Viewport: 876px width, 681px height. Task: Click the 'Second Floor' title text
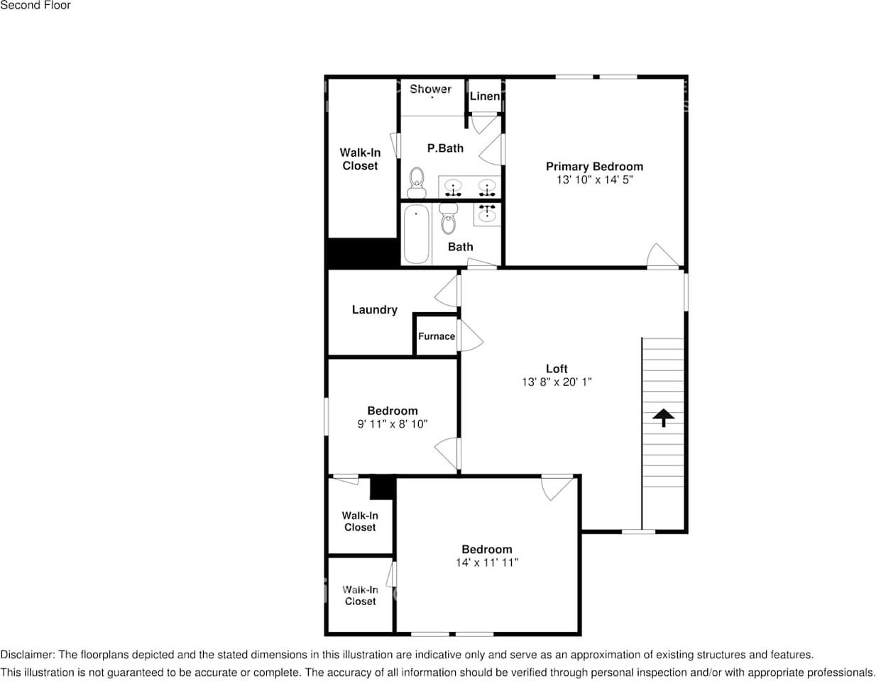coord(35,6)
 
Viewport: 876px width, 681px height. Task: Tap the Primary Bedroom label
coord(594,167)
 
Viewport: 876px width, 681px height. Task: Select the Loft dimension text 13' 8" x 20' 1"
coord(557,382)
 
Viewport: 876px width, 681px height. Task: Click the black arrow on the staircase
coord(663,417)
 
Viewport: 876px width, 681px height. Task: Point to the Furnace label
coord(436,336)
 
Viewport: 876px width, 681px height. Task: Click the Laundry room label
coord(374,310)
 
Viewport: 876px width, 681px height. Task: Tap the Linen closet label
coord(484,96)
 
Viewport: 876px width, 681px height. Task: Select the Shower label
coord(430,89)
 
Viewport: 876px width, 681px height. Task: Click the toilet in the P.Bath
coord(416,182)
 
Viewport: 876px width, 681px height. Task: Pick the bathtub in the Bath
coord(416,233)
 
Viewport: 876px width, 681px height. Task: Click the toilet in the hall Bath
coord(448,219)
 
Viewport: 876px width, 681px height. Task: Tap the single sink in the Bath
coord(487,213)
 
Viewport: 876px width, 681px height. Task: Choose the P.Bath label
coord(445,148)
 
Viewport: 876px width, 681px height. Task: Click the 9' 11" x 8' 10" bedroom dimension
coord(392,424)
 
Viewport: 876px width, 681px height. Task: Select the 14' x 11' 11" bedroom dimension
coord(486,563)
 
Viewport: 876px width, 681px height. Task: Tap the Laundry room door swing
coord(448,291)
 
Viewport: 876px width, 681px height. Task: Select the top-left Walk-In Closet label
coord(360,159)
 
